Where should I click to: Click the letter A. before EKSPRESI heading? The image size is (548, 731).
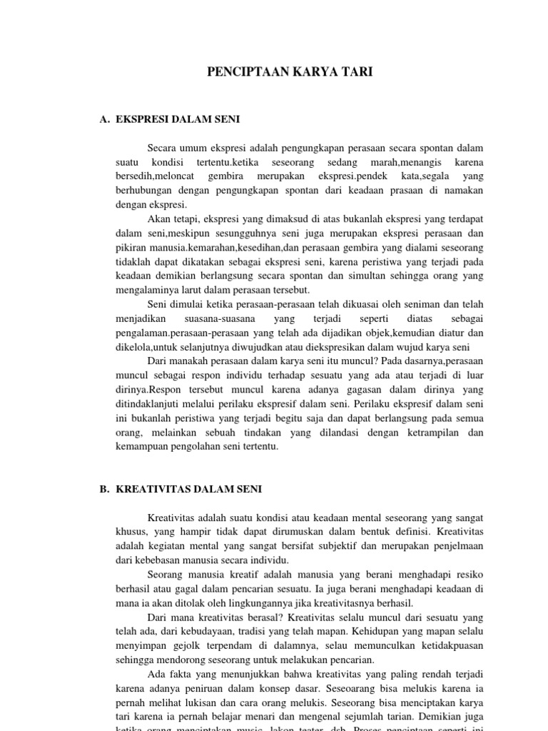[x=104, y=120]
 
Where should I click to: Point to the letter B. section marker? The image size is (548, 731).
[x=104, y=489]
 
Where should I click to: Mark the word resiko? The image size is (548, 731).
[x=469, y=575]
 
